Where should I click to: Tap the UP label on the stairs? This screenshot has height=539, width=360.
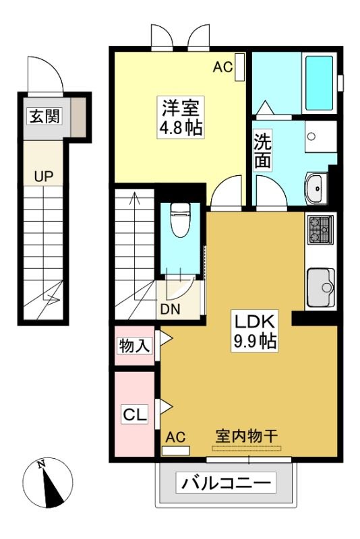point(44,176)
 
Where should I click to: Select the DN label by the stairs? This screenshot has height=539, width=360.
point(170,309)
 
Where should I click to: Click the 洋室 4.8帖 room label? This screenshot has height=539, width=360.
point(181,117)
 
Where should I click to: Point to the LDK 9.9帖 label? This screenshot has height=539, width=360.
point(254,331)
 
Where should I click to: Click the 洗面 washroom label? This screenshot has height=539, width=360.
point(263,150)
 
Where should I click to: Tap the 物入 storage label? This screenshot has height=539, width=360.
point(134,345)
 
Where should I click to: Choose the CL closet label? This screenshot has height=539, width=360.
point(135,414)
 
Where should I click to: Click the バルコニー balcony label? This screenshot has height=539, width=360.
point(226,482)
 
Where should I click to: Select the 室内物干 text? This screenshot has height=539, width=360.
point(247,436)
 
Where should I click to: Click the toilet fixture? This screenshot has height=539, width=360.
point(181,220)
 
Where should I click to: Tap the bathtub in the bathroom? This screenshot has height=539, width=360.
point(320,83)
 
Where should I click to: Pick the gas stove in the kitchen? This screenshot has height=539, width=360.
point(320,229)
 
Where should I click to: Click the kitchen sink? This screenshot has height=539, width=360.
point(321,287)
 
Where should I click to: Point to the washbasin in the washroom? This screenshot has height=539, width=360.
point(316,188)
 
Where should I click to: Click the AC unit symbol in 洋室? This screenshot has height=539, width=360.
point(239,67)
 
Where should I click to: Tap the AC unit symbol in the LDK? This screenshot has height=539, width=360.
point(175,450)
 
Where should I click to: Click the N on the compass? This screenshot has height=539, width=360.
point(42,464)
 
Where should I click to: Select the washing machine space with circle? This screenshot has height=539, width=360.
point(320,136)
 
